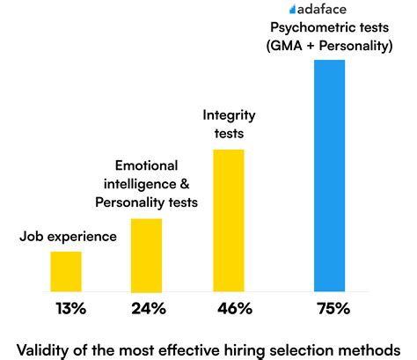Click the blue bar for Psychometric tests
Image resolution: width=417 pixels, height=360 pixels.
tap(329, 176)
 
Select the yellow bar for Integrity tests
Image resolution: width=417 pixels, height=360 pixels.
tap(228, 221)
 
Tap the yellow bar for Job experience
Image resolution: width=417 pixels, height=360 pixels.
tap(66, 272)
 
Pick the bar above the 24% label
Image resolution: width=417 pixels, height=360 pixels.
tap(146, 255)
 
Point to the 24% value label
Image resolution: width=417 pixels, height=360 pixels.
tap(147, 309)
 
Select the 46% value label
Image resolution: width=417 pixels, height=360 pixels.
tap(232, 309)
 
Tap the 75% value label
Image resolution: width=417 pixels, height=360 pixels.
tap(332, 309)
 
